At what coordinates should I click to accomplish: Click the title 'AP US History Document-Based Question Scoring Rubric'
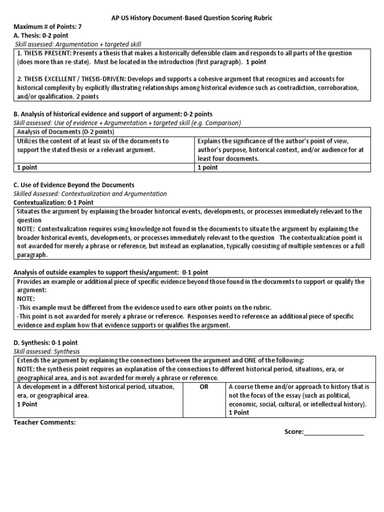click(191, 18)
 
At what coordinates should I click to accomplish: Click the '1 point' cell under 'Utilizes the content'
click(27, 167)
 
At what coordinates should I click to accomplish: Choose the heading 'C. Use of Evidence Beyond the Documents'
click(74, 185)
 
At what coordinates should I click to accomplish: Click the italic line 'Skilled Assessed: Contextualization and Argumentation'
click(90, 194)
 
